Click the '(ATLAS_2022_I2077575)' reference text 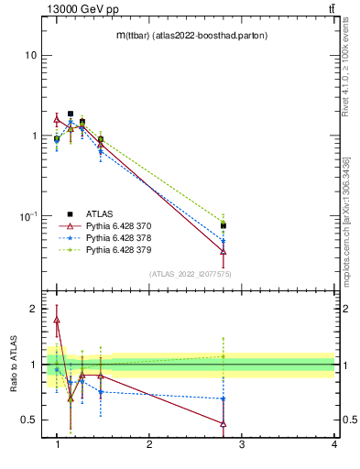point(189,274)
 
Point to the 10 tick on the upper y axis point(30,55)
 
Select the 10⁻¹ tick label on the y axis point(28,215)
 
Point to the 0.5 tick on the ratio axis point(28,420)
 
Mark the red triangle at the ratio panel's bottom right point(224,423)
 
